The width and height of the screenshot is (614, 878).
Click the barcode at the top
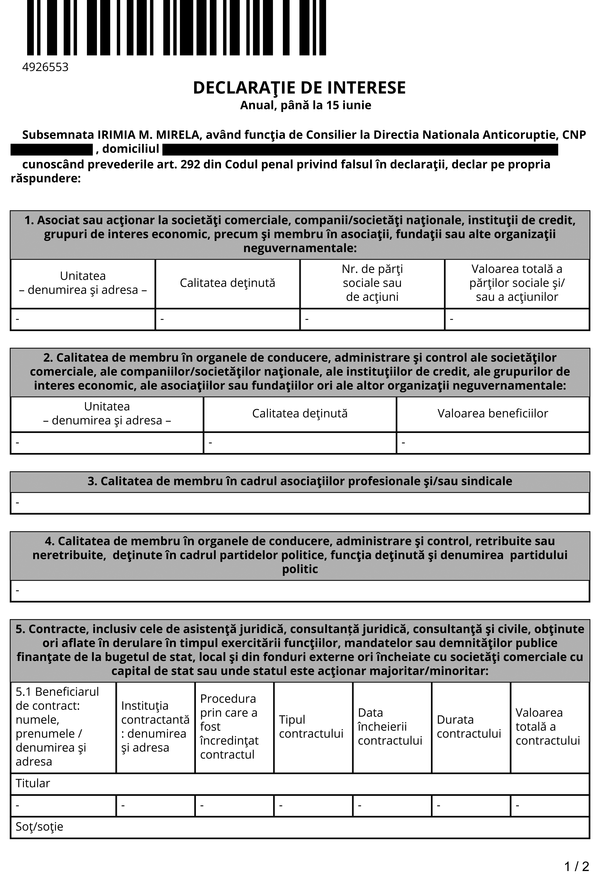coord(176,28)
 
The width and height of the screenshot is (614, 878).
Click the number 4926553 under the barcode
coord(45,67)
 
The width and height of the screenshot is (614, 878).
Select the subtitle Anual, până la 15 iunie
coord(305,105)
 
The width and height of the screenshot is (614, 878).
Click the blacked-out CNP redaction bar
coord(52,149)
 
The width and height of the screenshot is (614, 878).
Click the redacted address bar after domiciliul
coord(360,149)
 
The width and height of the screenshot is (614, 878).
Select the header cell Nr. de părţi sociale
coord(372,283)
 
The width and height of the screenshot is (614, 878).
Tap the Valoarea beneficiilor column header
coord(493,413)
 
